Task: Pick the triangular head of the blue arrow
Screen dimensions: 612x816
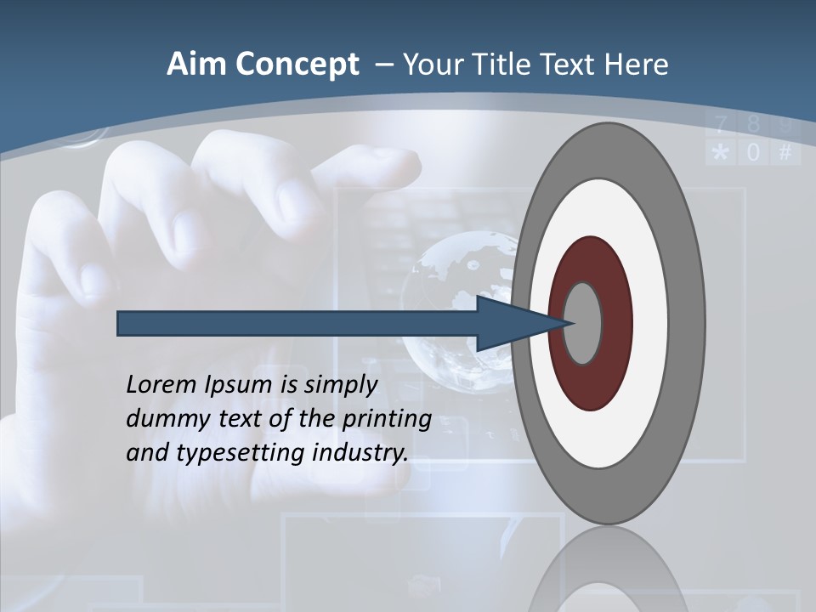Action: point(510,323)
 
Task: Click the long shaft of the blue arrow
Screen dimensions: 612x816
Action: point(297,323)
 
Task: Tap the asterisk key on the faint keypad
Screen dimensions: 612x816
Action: point(720,153)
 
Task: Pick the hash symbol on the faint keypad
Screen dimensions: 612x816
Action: point(785,153)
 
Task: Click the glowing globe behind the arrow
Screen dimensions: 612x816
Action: point(450,280)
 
